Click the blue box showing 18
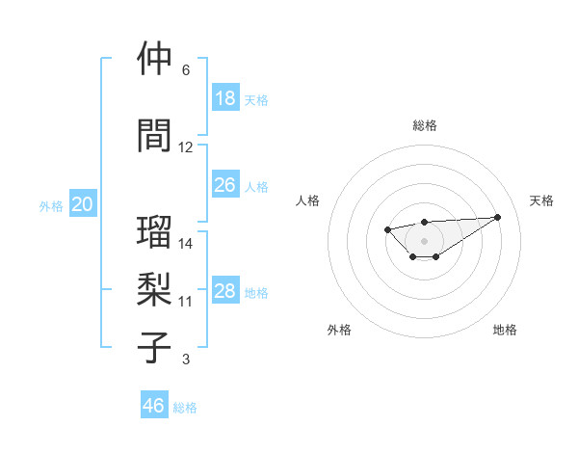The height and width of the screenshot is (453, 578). point(225,98)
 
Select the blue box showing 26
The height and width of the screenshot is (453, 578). point(225,185)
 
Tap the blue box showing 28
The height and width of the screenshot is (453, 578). point(225,292)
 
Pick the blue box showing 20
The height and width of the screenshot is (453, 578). point(83,204)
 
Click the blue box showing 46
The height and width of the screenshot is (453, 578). point(154,406)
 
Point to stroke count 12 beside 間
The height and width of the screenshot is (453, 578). point(186,147)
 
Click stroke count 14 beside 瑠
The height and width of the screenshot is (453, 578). point(186,244)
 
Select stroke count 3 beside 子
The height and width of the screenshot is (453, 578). point(185,360)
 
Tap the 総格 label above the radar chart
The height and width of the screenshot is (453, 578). point(425,125)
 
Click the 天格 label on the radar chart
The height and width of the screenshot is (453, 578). point(541,200)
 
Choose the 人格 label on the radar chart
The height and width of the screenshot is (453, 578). point(308,200)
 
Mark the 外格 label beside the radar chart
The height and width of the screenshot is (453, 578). point(339,330)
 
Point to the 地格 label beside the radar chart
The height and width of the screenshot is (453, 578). point(505,330)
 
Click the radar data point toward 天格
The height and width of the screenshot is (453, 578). point(497,217)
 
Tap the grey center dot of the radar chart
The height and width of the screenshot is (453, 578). point(425,240)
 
